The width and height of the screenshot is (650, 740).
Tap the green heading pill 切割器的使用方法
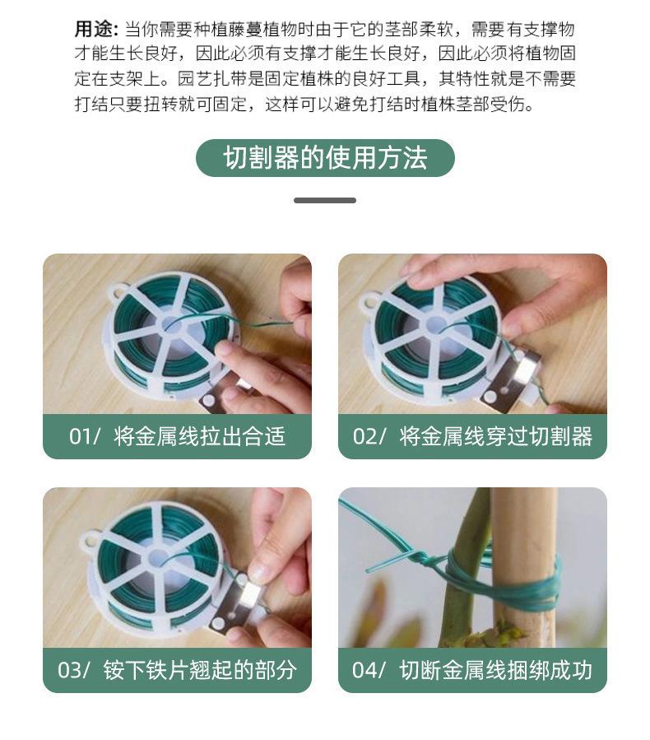point(325,157)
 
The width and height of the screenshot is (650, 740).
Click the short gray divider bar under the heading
point(325,201)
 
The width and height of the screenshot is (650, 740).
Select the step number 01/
point(85,436)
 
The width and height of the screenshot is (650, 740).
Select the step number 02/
point(369,436)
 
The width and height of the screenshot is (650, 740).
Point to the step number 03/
point(74,670)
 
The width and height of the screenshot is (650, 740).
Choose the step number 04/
point(369,670)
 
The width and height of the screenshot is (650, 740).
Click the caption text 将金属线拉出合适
point(200,436)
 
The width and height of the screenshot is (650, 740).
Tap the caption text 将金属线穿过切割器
point(496,436)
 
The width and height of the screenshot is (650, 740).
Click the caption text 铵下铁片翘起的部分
point(200,670)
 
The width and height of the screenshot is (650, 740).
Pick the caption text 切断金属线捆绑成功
point(496,670)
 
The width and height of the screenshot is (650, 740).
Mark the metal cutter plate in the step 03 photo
point(236,604)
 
